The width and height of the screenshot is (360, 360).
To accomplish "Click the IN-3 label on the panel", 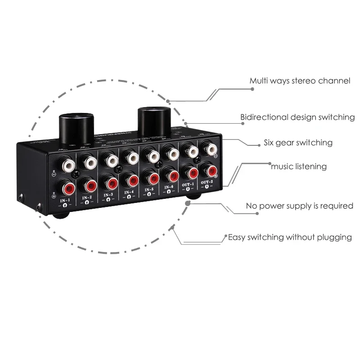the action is [108, 195].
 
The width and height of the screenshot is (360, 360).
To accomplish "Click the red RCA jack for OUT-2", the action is [210, 170].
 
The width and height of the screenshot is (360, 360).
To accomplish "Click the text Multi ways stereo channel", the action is [300, 81].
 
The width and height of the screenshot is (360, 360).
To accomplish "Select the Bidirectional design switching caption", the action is [297, 117].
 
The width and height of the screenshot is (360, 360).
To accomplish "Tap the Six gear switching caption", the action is [298, 143].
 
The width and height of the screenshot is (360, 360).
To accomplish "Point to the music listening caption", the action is [298, 166].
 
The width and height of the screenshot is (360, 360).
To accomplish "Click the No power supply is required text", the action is [299, 206].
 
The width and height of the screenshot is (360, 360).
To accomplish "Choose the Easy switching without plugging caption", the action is [290, 237].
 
